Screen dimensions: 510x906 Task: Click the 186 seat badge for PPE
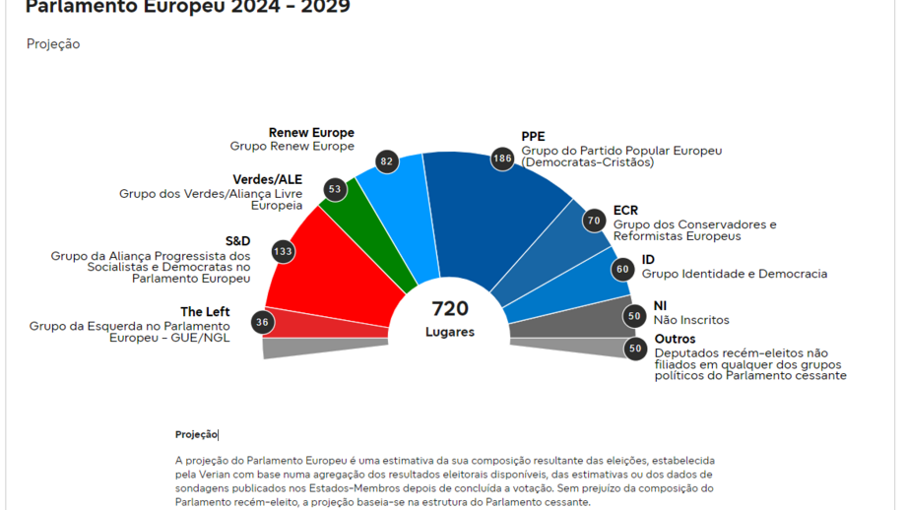coord(502,158)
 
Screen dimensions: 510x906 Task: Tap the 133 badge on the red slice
coord(283,251)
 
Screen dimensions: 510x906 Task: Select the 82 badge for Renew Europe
coord(386,160)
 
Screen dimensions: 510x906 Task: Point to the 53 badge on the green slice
coord(335,188)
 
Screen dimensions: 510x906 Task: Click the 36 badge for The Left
coord(262,322)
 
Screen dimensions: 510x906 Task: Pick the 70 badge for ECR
coord(593,221)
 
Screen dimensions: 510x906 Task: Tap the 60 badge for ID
coord(621,269)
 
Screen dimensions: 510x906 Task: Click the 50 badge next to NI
coord(634,316)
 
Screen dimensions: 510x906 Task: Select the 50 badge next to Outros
coord(635,348)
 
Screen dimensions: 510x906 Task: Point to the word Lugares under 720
coord(450,332)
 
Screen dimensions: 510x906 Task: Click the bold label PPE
coord(533,137)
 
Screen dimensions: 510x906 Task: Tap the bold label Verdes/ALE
coord(267,180)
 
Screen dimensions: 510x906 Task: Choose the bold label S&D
coord(237,241)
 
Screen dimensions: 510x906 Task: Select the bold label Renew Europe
coord(311,133)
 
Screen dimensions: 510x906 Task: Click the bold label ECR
coord(625,211)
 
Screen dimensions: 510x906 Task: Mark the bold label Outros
coord(675,340)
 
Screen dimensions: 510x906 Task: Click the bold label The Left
coord(205,312)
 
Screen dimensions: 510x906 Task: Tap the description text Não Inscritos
coord(691,320)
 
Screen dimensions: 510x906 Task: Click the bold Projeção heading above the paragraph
coord(196,434)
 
